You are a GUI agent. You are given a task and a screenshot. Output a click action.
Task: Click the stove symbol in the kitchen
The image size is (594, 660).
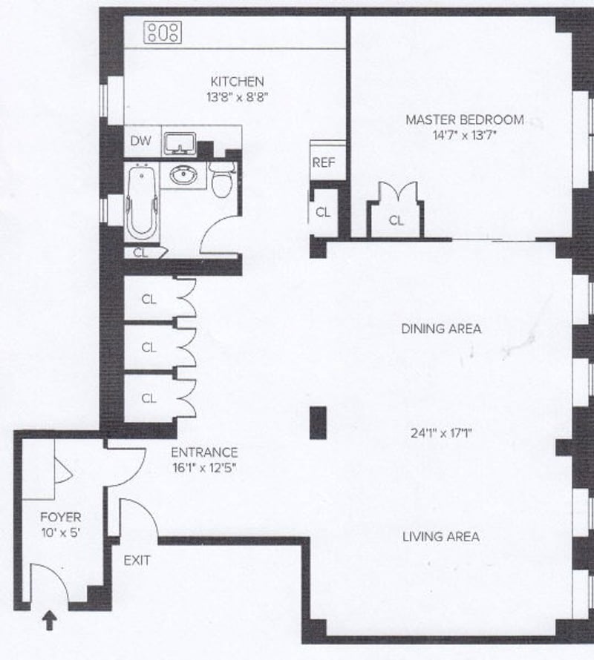pyautogui.click(x=163, y=32)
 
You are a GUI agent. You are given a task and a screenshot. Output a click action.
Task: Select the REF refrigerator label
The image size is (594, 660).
pyautogui.click(x=323, y=162)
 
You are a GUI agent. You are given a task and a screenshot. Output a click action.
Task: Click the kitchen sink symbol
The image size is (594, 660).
pyautogui.click(x=180, y=142)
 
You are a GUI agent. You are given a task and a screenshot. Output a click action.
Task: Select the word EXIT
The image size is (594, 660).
pyautogui.click(x=137, y=561)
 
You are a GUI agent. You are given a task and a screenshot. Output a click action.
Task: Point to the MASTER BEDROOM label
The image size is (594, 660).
pyautogui.click(x=464, y=119)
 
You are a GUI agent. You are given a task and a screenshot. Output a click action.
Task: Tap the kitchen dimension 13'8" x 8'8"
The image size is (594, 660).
pyautogui.click(x=237, y=96)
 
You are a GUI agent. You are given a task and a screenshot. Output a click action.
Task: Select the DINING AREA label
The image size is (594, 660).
pyautogui.click(x=441, y=329)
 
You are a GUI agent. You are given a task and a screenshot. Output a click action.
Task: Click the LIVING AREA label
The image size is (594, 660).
pyautogui.click(x=441, y=536)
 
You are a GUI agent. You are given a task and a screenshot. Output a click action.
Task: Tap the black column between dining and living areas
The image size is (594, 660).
pyautogui.click(x=318, y=423)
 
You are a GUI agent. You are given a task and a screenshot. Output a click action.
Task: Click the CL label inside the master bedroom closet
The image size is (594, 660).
pyautogui.click(x=396, y=220)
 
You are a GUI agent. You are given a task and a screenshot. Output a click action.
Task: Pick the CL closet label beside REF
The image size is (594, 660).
pyautogui.click(x=323, y=211)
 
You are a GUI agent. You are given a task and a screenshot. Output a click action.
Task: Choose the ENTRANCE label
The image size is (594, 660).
pyautogui.click(x=204, y=452)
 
